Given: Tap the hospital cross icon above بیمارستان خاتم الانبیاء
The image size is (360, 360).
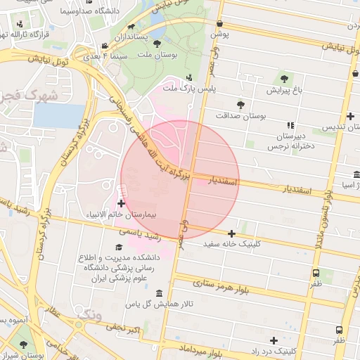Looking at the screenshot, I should point(122,203).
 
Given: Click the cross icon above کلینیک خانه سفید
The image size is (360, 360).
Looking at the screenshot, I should point(231,233).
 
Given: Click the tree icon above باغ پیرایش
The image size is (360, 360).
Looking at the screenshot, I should point(284,79).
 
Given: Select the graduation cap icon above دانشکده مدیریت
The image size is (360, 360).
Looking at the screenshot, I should point(118,247).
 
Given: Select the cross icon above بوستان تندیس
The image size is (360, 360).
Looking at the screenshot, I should point(350,116).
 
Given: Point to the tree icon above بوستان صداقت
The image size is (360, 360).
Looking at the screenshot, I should point(240,103).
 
